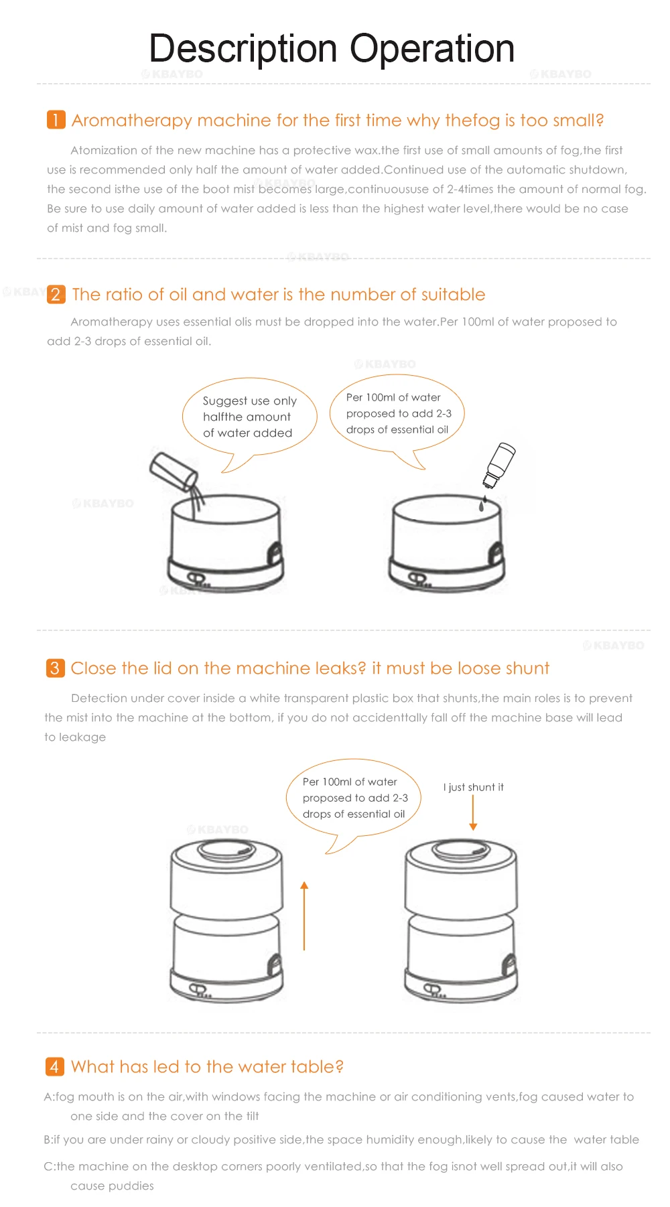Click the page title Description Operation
(x=332, y=49)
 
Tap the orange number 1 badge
(x=56, y=120)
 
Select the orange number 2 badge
(x=56, y=294)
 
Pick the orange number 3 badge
(x=55, y=668)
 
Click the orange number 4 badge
(x=54, y=1066)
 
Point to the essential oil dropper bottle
(x=499, y=465)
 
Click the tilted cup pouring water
(x=174, y=471)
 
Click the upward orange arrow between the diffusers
(x=304, y=916)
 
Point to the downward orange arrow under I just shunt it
(x=473, y=812)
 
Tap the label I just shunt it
(x=473, y=787)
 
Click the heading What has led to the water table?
(x=207, y=1066)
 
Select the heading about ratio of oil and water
(x=279, y=294)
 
